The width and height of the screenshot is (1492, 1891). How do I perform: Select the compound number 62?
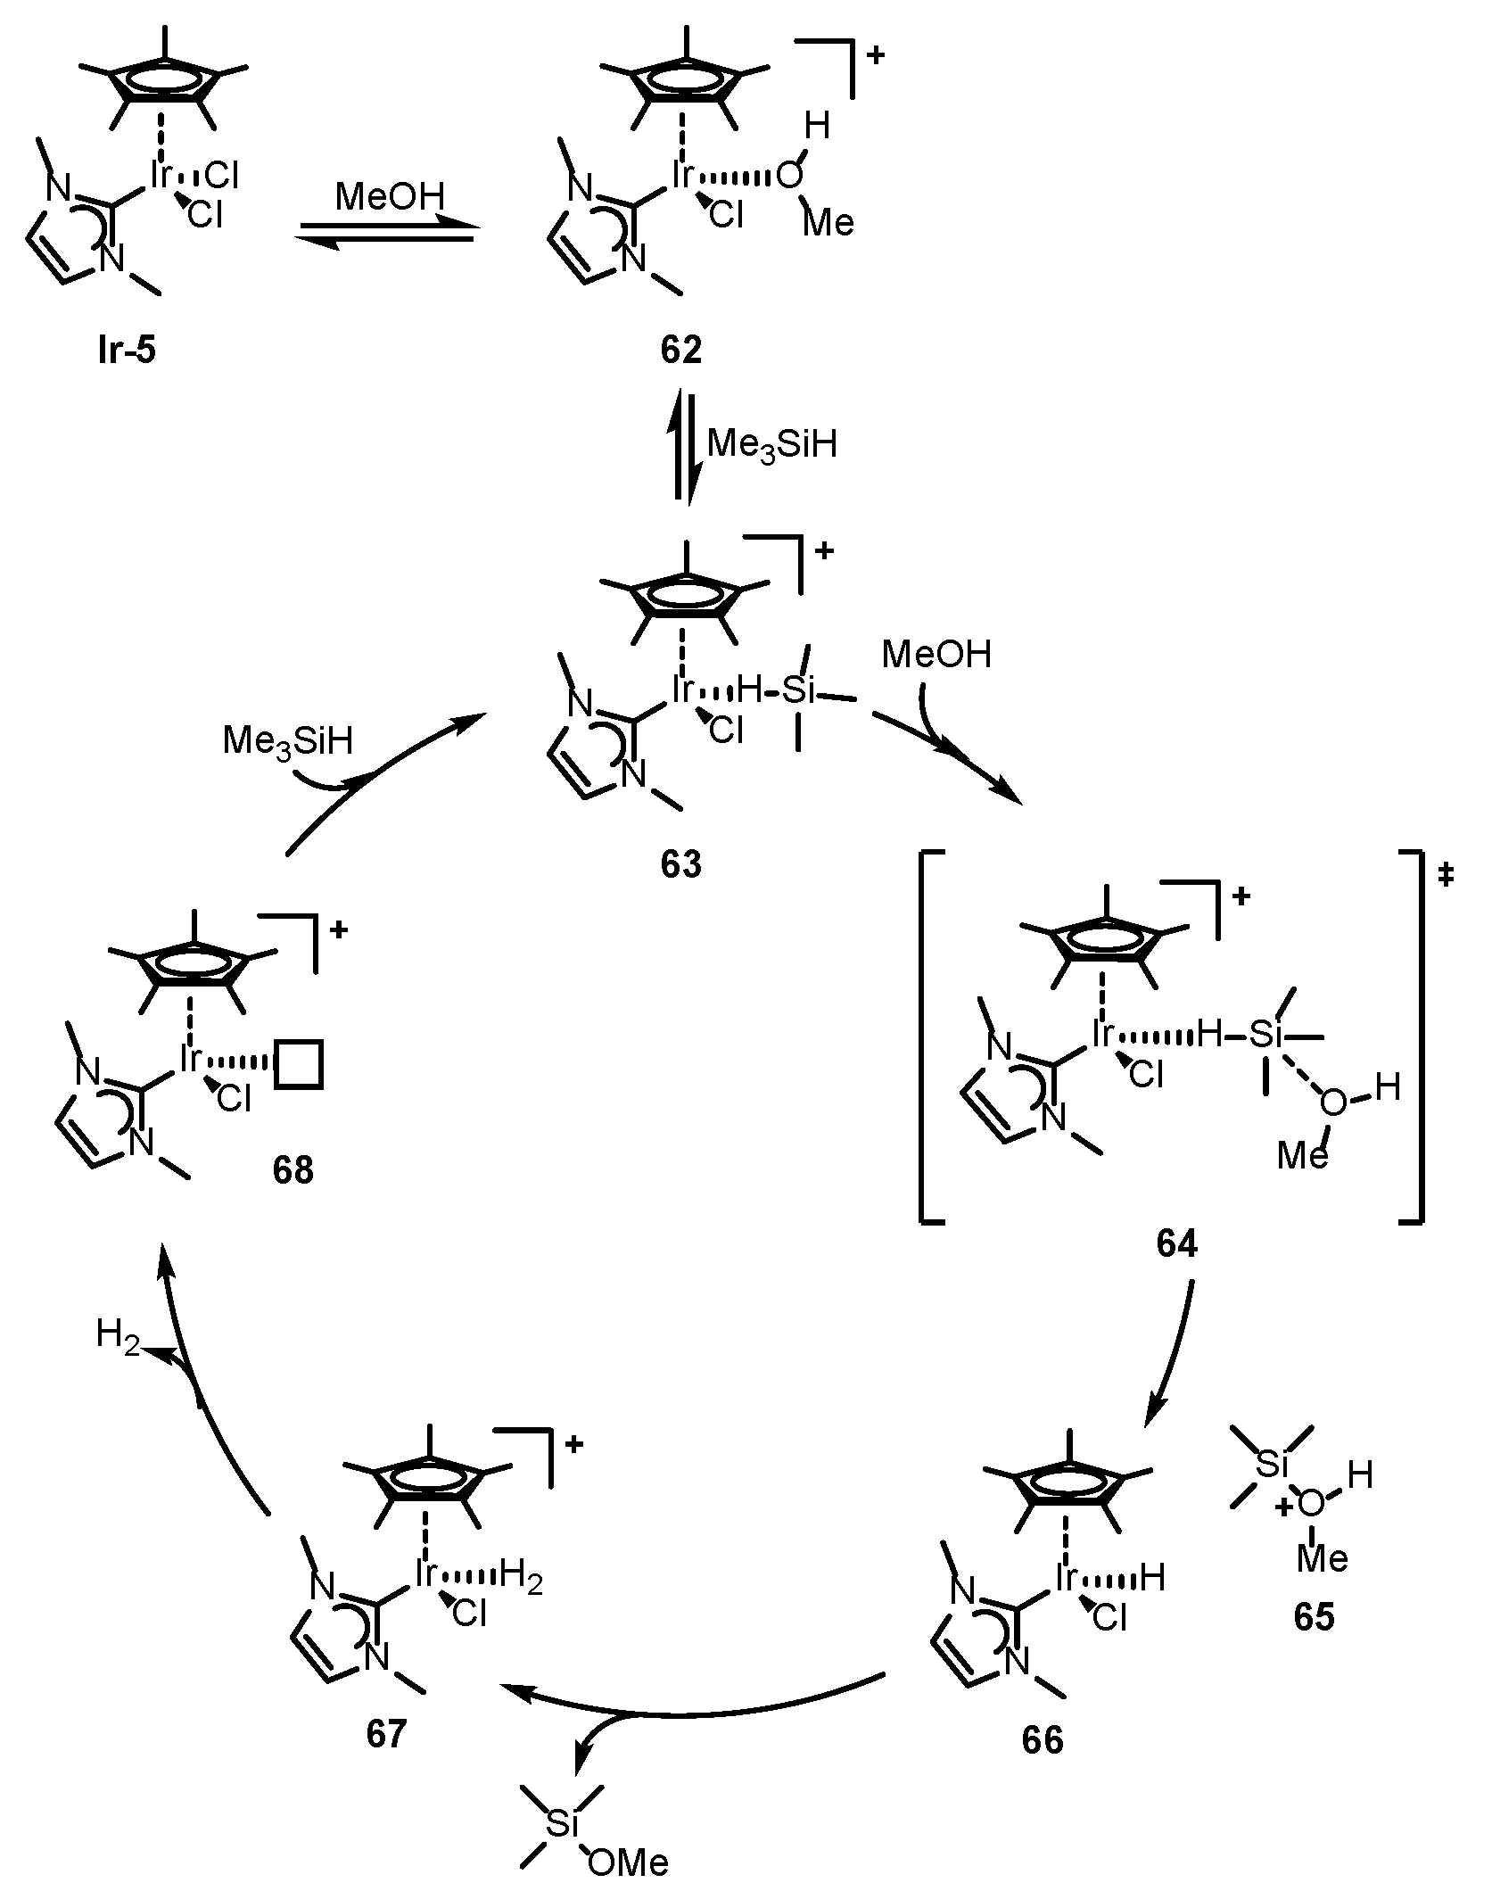coord(681,350)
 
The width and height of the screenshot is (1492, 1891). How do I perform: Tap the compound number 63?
coord(681,863)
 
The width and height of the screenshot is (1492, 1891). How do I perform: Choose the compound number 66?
coord(1043,1741)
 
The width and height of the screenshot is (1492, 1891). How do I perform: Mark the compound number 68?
coord(293,1169)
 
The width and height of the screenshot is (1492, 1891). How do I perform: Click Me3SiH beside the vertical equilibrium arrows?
coord(771,443)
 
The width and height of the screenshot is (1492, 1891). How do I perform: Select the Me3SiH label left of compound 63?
coord(287,740)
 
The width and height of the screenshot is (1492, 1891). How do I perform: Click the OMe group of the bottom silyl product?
coord(628,1862)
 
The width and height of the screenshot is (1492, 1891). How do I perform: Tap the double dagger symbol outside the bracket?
coord(1446,878)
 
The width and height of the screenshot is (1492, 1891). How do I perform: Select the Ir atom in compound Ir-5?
coord(161,177)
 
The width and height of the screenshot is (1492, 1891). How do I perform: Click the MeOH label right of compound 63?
coord(936,656)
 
